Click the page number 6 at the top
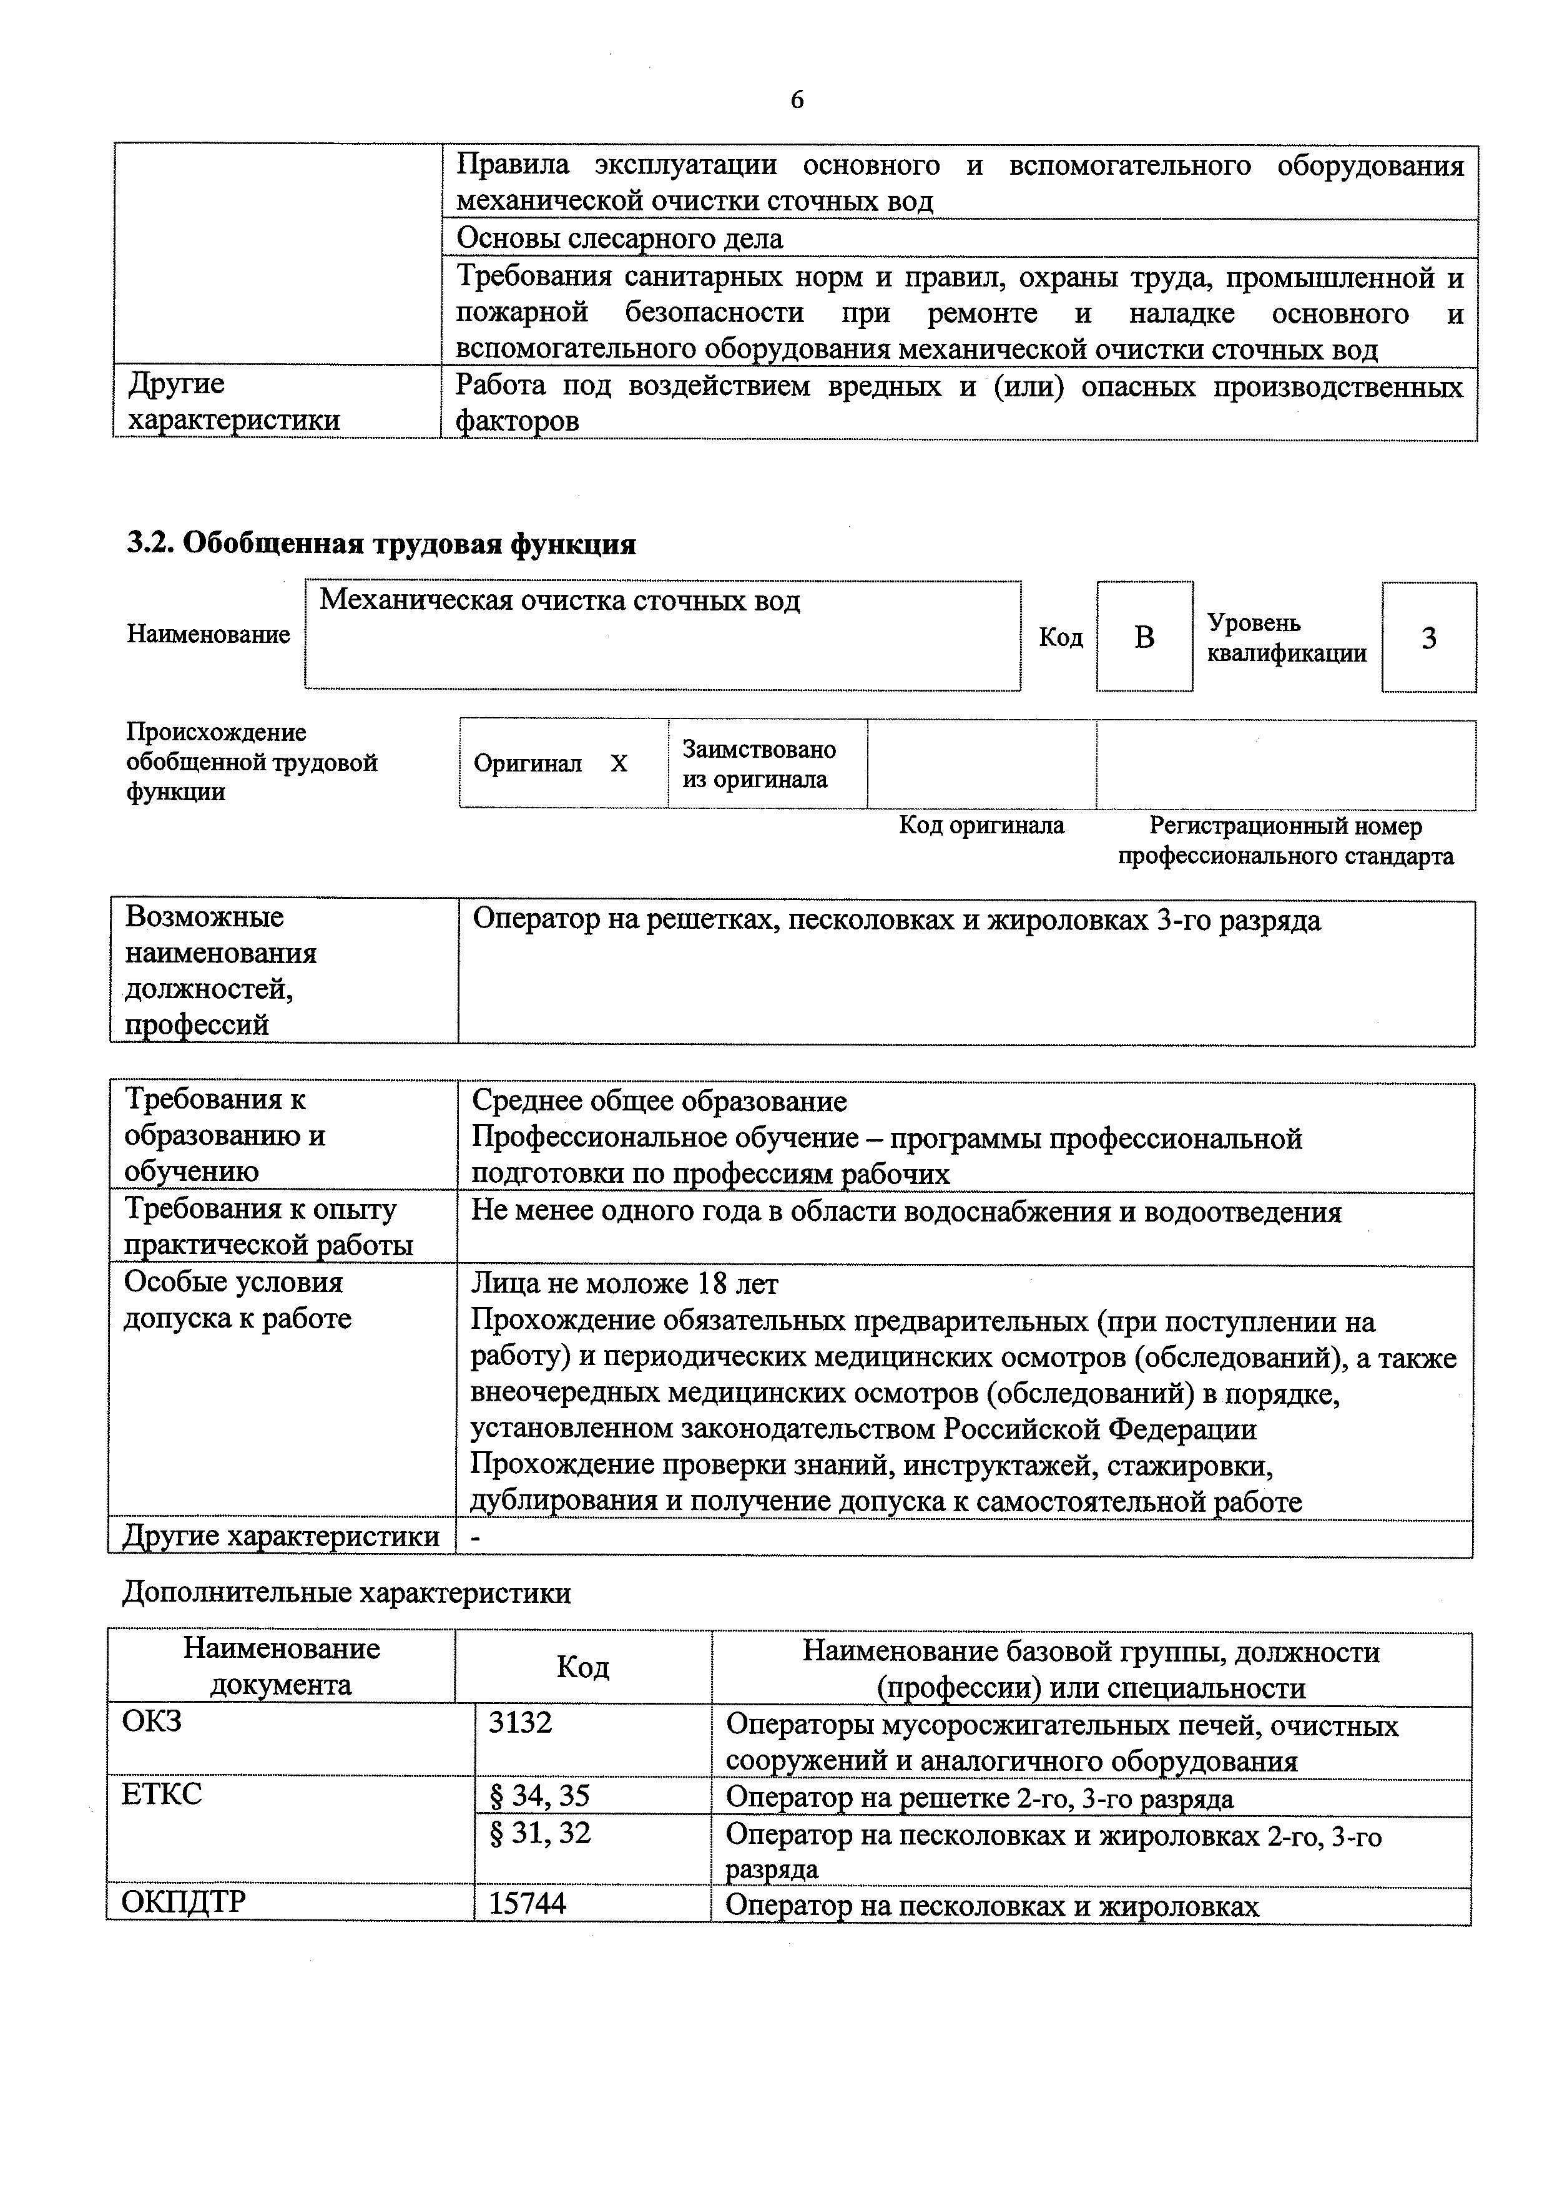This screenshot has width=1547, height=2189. tap(797, 99)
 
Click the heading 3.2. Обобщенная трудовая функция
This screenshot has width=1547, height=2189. tap(381, 544)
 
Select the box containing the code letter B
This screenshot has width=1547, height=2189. tap(1144, 637)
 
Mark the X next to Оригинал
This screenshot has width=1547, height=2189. tap(619, 763)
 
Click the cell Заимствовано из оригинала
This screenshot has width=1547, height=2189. tap(759, 763)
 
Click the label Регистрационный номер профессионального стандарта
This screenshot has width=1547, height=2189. tap(1285, 840)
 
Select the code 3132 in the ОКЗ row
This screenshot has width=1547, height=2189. tap(520, 1722)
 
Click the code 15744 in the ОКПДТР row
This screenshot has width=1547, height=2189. tap(528, 1903)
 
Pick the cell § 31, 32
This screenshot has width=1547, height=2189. tap(540, 1833)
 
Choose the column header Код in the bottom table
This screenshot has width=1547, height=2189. tap(582, 1667)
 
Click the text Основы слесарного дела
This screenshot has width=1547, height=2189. tap(620, 238)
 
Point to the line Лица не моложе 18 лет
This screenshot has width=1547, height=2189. tap(625, 1284)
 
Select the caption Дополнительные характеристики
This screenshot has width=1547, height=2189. tap(347, 1593)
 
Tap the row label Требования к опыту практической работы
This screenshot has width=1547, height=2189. tap(269, 1227)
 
